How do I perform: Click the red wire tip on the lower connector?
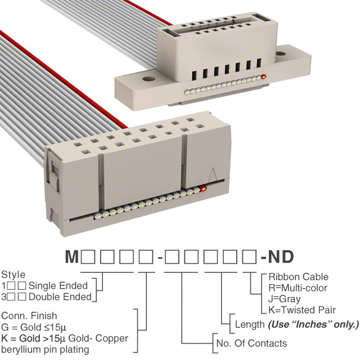(203, 188)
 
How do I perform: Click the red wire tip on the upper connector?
(264, 76)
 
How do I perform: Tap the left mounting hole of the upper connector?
(149, 79)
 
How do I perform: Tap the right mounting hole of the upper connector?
(280, 54)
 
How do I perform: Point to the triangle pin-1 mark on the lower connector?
(213, 175)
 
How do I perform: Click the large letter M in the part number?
(72, 256)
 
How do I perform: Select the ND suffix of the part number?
(281, 256)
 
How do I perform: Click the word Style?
(13, 274)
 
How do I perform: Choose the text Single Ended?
(58, 286)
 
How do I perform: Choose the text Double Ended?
(60, 297)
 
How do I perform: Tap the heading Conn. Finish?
(29, 316)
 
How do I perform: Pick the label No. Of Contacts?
(252, 344)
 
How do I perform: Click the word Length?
(250, 325)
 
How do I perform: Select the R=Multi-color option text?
(298, 288)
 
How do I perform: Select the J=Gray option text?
(285, 299)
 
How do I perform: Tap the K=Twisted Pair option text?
(302, 310)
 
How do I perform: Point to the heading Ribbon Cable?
(299, 277)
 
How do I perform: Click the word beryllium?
(22, 350)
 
